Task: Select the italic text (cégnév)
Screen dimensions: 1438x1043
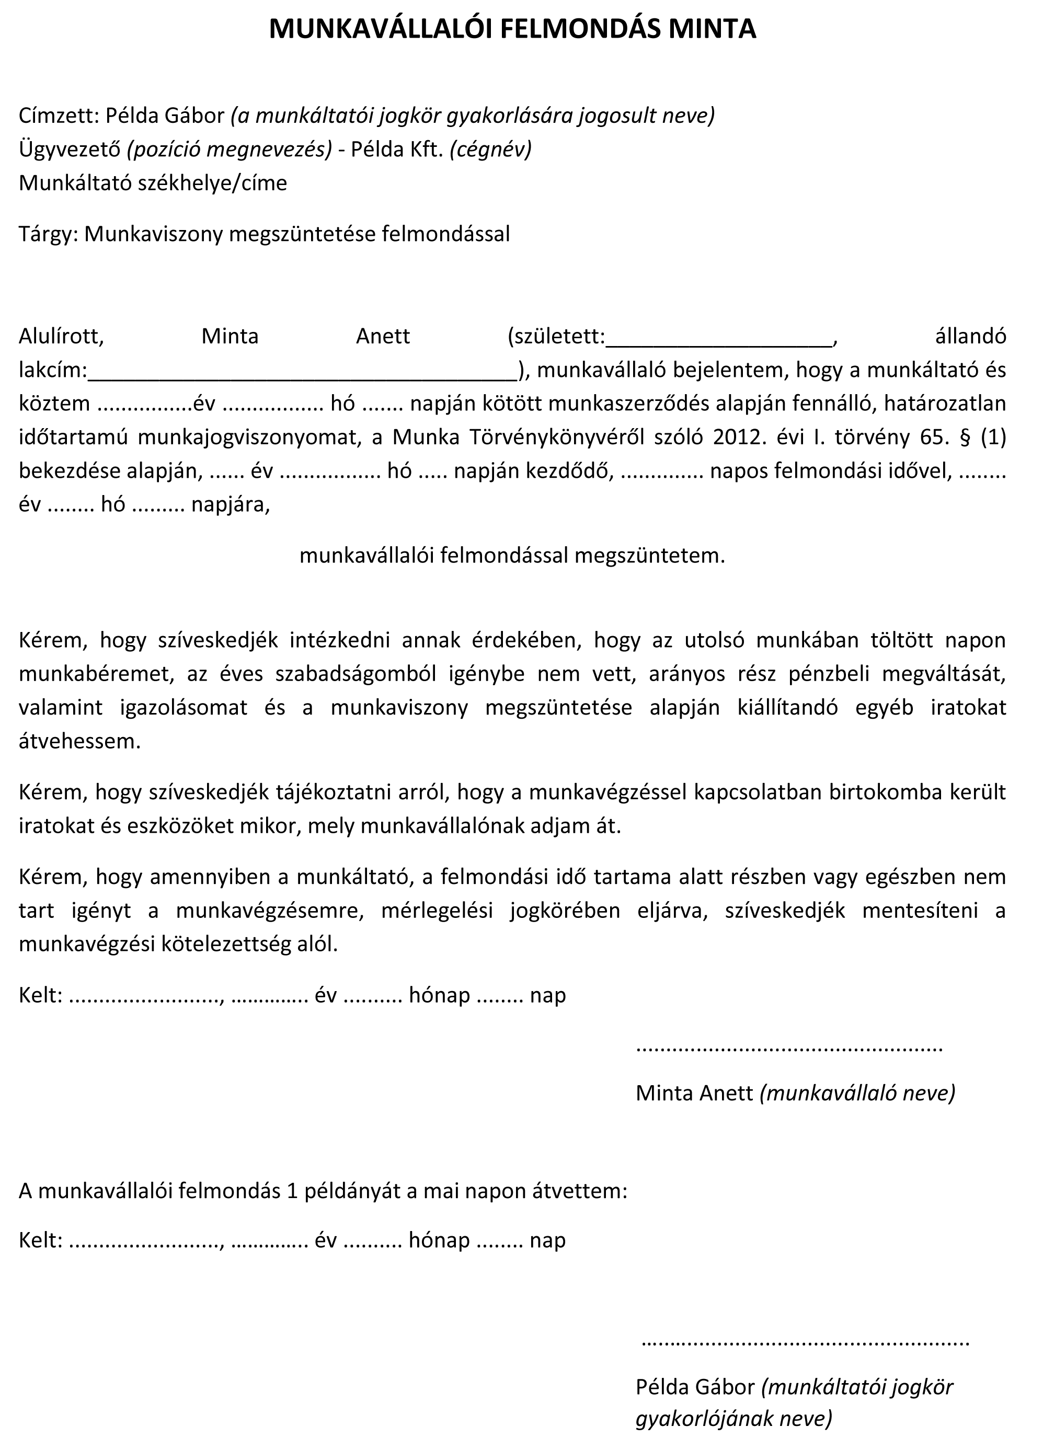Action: pos(491,149)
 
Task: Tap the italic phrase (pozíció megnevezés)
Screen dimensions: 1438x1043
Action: pos(230,149)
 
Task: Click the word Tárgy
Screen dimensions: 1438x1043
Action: pos(48,234)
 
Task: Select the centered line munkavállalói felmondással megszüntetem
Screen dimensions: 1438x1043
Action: pos(512,556)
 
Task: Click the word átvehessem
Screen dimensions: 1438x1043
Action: pos(79,741)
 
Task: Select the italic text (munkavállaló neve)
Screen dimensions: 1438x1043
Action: pos(857,1092)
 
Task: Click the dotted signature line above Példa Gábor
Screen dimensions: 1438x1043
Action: pos(805,1343)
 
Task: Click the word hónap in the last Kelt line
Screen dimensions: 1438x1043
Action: pos(439,1240)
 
